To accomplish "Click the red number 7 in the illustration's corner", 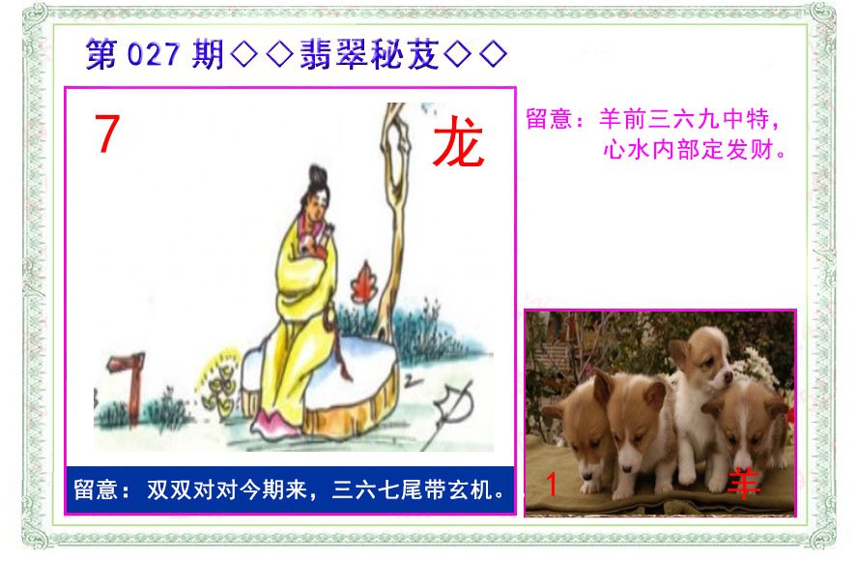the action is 107,133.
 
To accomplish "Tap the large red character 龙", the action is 458,142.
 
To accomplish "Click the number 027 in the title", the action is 153,54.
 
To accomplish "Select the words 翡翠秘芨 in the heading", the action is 369,54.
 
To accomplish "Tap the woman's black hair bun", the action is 318,177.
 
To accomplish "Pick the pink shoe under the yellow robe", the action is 272,424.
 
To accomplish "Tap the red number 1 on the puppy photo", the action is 552,485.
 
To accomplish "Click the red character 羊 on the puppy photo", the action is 744,483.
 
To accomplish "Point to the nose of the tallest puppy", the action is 728,376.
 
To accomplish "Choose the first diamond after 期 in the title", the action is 243,55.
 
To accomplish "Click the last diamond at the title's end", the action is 493,55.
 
